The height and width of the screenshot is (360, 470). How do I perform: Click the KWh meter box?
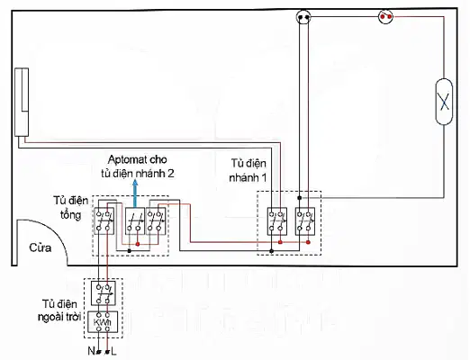103,322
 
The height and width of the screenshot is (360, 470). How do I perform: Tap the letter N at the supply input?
91,351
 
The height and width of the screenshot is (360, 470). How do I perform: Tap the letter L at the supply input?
113,351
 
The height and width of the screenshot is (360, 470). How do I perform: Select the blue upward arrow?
135,193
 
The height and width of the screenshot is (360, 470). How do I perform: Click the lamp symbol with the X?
444,102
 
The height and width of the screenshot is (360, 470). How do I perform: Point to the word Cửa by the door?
41,247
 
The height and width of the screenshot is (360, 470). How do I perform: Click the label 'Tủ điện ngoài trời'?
59,310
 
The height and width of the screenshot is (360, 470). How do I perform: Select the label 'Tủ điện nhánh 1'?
248,170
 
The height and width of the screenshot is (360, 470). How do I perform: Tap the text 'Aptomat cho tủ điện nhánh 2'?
138,166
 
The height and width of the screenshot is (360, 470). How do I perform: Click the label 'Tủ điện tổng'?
71,208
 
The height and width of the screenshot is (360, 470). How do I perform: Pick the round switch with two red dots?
385,17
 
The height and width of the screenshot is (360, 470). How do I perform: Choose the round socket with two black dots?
303,17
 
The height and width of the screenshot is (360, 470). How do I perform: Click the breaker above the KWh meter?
104,293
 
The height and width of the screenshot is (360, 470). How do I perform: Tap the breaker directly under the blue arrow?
135,220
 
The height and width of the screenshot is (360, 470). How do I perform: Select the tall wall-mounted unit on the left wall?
22,102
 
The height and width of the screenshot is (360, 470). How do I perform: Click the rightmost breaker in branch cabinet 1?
305,221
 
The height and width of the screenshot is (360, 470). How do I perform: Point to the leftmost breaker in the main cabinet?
104,220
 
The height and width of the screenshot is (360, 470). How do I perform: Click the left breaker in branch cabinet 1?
277,221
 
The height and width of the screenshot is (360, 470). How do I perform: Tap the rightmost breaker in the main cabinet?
156,220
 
